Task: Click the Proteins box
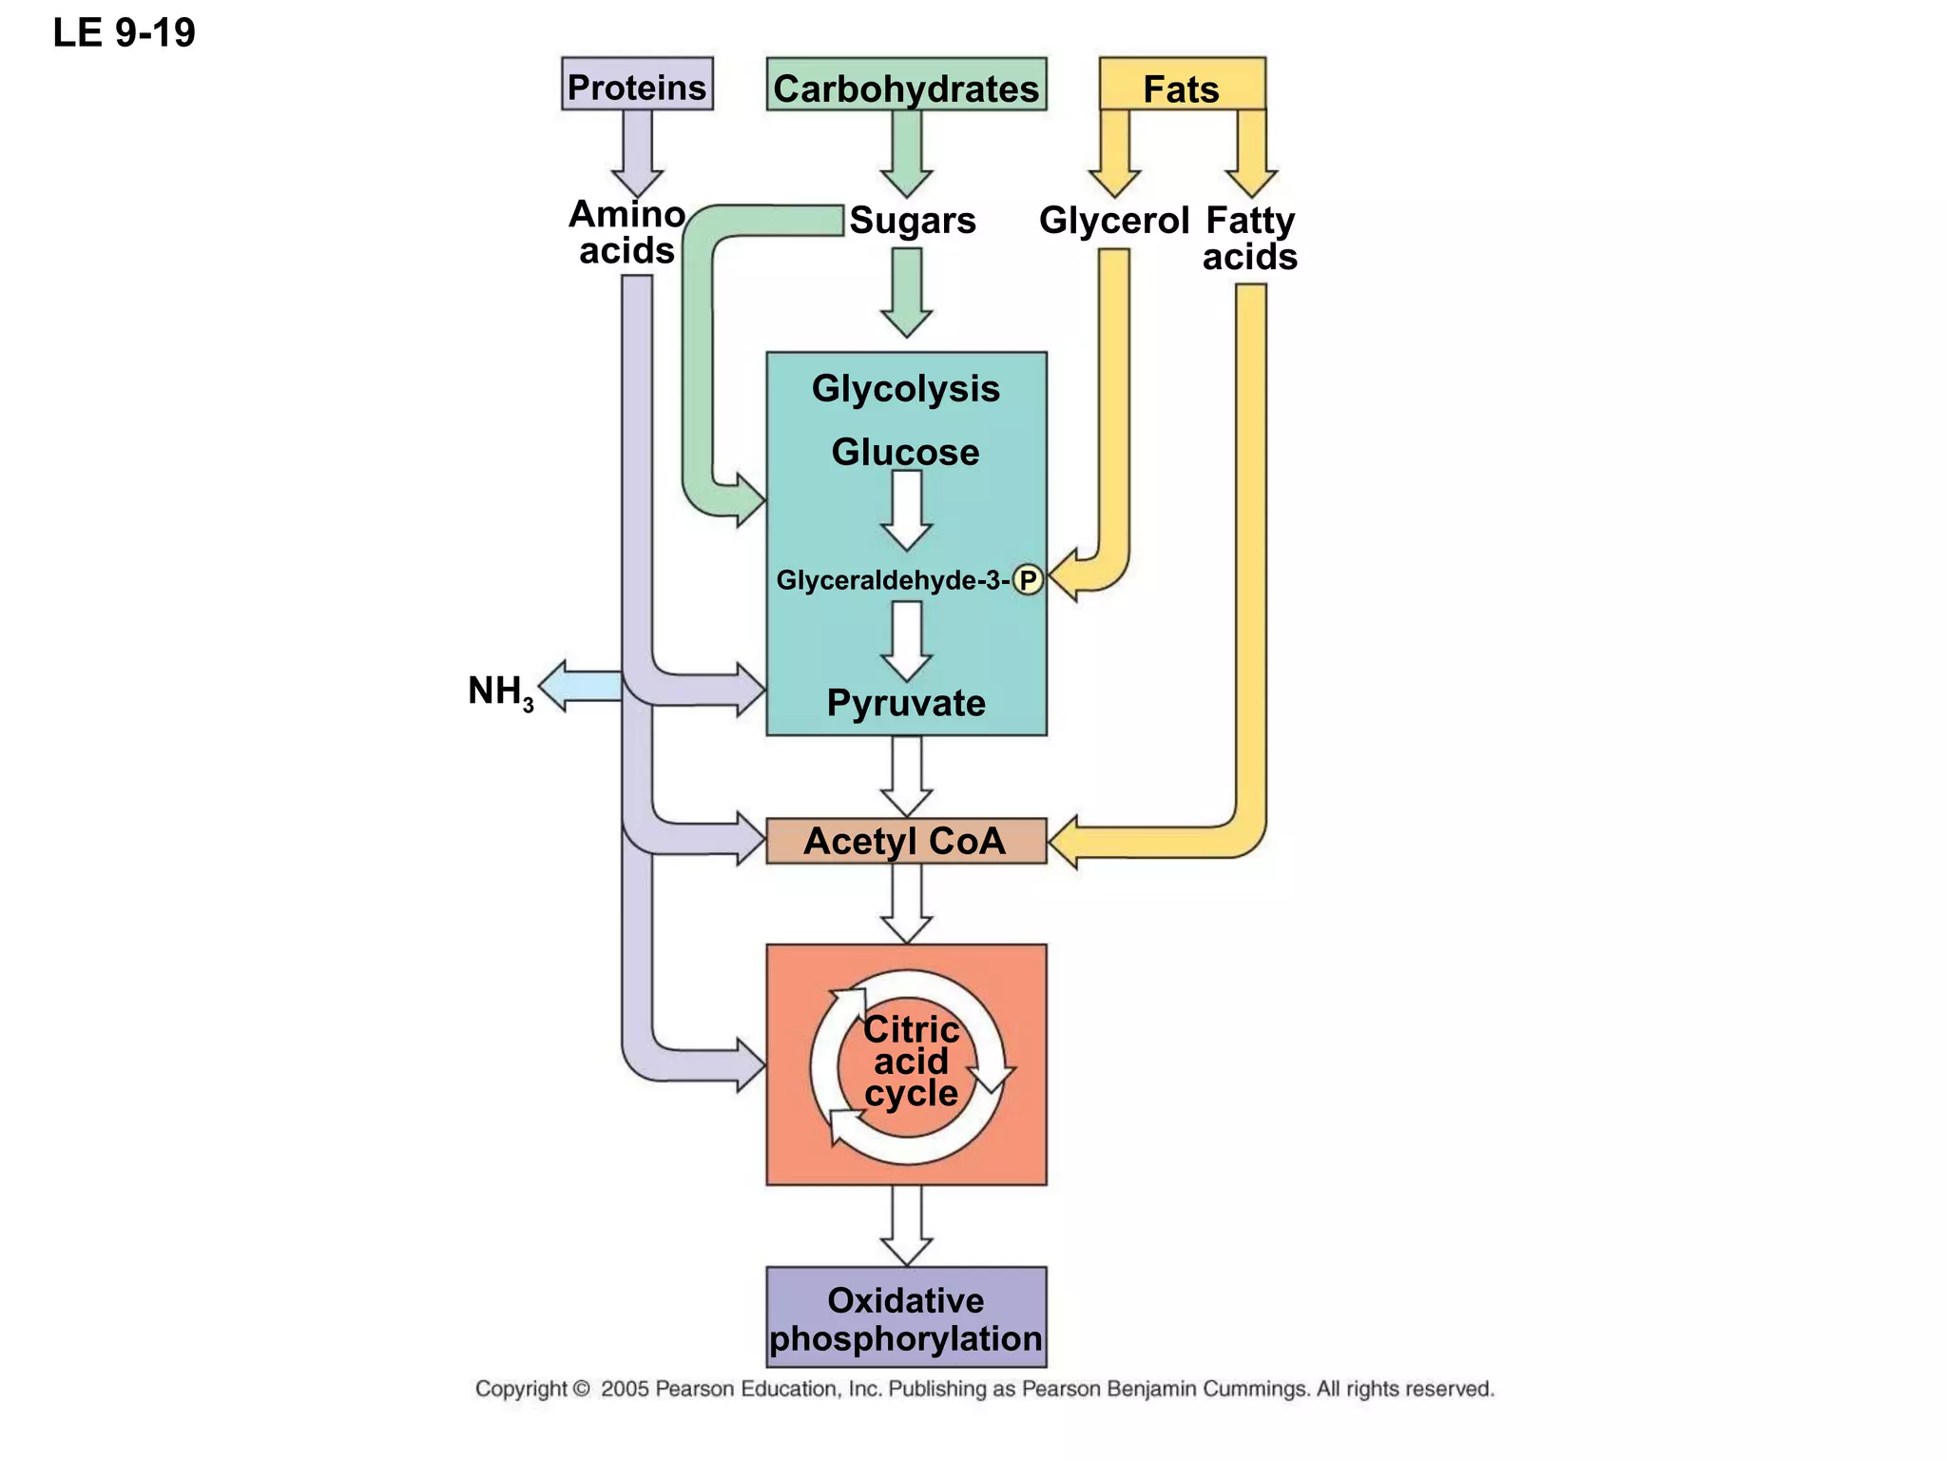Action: [636, 86]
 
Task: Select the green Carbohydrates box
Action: [906, 86]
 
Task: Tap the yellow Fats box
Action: [1181, 86]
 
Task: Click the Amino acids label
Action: [627, 232]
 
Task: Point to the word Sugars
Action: [912, 221]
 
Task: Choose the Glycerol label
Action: [1113, 221]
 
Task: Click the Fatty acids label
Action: [1249, 238]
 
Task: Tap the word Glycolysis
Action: [905, 388]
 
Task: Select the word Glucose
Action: [905, 452]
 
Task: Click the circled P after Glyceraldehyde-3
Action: [1028, 579]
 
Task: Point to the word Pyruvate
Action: [905, 703]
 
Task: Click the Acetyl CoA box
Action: [905, 841]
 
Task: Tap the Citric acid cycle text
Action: [910, 1062]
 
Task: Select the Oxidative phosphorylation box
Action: [905, 1318]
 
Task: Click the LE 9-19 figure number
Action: [124, 32]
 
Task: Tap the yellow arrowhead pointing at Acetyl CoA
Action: [1063, 842]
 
